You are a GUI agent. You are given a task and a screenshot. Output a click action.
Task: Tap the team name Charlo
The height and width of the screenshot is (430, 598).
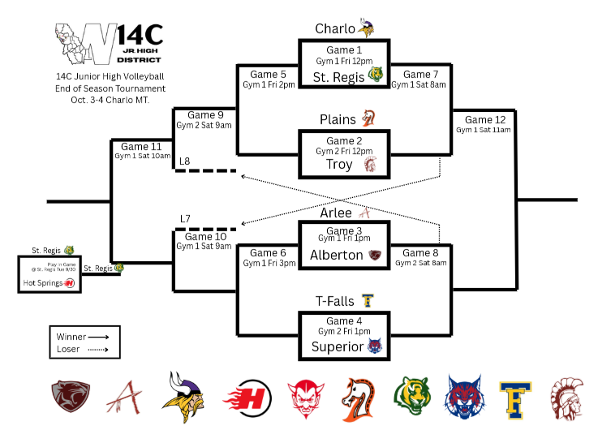tap(335, 29)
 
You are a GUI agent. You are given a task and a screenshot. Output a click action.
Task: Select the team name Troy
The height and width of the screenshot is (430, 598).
tap(339, 165)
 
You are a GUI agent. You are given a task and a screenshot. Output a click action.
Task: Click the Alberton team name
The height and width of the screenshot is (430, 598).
tap(337, 255)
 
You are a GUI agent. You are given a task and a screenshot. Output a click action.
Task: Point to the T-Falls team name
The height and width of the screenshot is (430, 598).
tap(335, 302)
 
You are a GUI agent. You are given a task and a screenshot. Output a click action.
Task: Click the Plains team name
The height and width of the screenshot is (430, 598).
tap(338, 119)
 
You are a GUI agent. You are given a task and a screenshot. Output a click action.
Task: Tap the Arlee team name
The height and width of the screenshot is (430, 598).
tap(337, 213)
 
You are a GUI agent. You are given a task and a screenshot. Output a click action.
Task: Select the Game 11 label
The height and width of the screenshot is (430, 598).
tap(133, 146)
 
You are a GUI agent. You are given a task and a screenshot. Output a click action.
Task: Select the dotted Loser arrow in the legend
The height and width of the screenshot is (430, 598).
tap(100, 349)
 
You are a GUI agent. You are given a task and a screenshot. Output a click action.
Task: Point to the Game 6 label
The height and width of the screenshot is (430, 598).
tap(264, 253)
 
